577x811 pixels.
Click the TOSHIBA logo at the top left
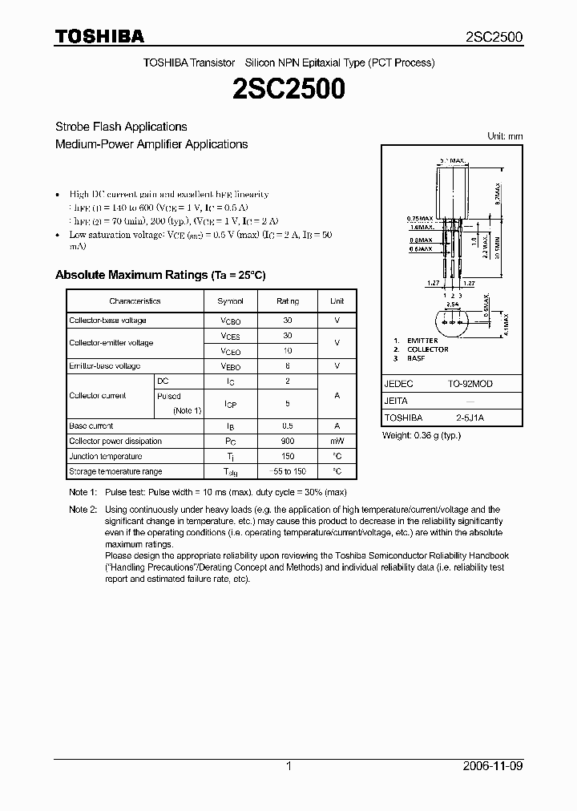(99, 36)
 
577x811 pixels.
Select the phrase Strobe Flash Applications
(121, 127)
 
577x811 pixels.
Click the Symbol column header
(231, 301)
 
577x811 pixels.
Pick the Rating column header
(288, 301)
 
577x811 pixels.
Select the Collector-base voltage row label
(107, 321)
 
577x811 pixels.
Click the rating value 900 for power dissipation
(288, 442)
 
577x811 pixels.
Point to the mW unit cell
(337, 442)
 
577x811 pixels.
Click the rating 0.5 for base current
(288, 426)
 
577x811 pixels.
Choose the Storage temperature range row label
(115, 472)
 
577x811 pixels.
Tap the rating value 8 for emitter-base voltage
(288, 366)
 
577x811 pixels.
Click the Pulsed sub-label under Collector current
(169, 396)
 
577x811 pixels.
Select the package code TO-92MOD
(470, 384)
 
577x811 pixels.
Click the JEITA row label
(396, 401)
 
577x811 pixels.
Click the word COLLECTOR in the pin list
(427, 349)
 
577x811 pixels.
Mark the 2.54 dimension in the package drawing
(453, 305)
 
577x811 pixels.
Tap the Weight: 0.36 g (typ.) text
(422, 435)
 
